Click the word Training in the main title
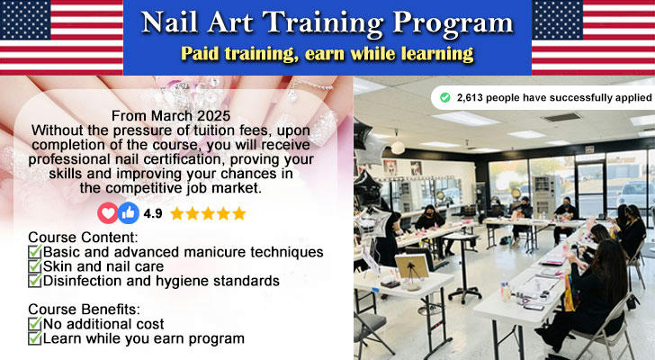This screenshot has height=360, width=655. pyautogui.click(x=323, y=23)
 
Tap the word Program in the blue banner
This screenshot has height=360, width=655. pyautogui.click(x=453, y=23)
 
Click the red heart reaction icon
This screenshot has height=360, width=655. pyautogui.click(x=108, y=213)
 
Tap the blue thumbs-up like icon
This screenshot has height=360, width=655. pyautogui.click(x=129, y=213)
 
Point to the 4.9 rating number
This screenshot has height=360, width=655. pyautogui.click(x=153, y=213)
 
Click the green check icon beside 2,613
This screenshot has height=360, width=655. pyautogui.click(x=445, y=98)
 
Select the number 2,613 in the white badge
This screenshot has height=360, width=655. pyautogui.click(x=470, y=98)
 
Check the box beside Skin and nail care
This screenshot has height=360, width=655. pyautogui.click(x=35, y=266)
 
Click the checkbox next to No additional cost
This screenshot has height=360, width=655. pyautogui.click(x=35, y=324)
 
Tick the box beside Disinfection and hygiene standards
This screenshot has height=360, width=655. pyautogui.click(x=35, y=280)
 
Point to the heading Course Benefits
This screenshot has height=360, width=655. pyautogui.click(x=84, y=310)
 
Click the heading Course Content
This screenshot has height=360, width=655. pyautogui.click(x=83, y=238)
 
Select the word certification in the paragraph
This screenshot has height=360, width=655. pyautogui.click(x=184, y=159)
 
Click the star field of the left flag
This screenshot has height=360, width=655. pyautogui.click(x=25, y=20)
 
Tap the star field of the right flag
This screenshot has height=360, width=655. pyautogui.click(x=557, y=20)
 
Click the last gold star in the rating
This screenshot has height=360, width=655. pyautogui.click(x=239, y=213)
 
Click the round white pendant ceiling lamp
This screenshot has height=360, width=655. pyautogui.click(x=398, y=147)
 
